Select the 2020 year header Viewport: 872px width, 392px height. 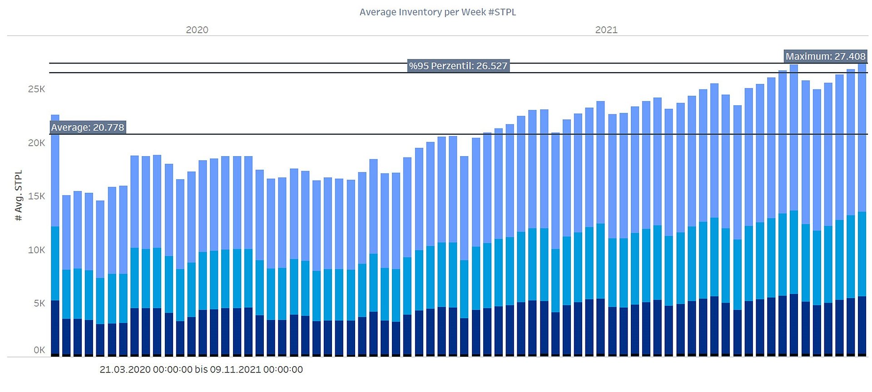[197, 30]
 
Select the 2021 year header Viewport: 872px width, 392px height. [606, 30]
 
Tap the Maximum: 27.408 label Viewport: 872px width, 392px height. [825, 56]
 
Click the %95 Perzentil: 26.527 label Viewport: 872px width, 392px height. [458, 66]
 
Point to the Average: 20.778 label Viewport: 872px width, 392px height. [87, 127]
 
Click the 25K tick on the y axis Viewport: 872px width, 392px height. [36, 89]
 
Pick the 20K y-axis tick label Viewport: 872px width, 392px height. [36, 143]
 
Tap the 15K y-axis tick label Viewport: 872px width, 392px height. [36, 196]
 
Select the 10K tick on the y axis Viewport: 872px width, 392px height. [36, 250]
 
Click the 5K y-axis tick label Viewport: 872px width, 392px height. [39, 303]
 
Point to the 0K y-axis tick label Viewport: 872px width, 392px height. [39, 350]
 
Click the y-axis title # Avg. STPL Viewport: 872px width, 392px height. [19, 196]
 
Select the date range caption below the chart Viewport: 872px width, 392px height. [201, 370]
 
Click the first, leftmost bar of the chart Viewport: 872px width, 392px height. [55, 235]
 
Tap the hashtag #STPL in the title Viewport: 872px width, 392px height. [502, 12]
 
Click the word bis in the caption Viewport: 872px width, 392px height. [201, 370]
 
